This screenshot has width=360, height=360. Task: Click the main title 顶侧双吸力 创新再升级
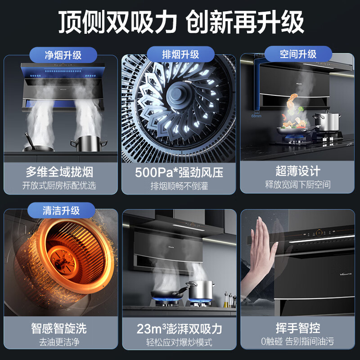(x=180, y=21)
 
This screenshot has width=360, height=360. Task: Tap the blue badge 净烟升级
(x=63, y=55)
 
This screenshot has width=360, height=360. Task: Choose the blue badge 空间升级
(x=298, y=54)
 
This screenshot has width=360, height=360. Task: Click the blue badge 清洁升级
(x=61, y=211)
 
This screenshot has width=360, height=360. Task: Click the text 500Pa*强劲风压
(x=179, y=172)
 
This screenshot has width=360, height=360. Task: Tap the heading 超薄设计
(x=298, y=171)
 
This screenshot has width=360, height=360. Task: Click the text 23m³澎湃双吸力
(x=179, y=328)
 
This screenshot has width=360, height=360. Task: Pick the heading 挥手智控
(x=298, y=328)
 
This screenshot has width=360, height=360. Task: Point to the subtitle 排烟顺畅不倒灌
(x=179, y=186)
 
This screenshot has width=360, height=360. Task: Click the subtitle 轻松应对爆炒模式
(x=179, y=342)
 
